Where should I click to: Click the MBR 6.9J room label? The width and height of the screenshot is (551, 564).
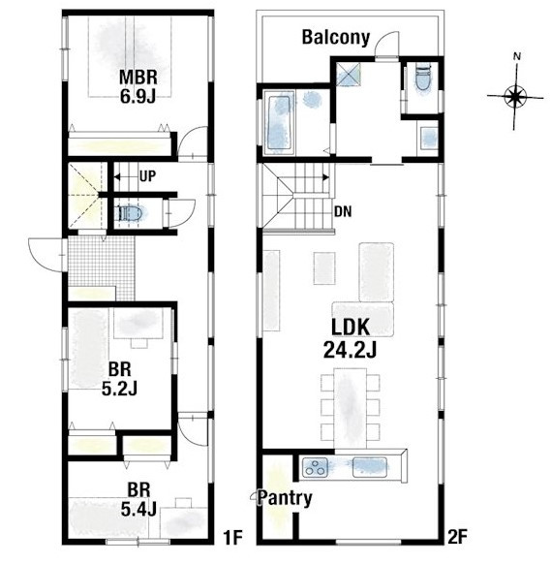(138, 86)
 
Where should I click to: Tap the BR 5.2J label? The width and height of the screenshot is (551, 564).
(120, 379)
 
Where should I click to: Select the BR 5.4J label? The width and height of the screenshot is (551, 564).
(138, 500)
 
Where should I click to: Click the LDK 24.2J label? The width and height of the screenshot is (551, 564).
(351, 338)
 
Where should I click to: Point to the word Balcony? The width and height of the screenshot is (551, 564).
(336, 37)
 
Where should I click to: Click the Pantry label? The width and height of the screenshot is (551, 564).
(285, 498)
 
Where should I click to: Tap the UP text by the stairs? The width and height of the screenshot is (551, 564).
(147, 176)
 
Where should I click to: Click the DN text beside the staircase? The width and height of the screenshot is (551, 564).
(343, 212)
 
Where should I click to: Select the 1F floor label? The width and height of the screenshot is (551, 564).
(233, 538)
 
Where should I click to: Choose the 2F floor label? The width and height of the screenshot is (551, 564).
(457, 538)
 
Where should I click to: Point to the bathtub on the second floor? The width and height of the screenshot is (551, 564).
(279, 122)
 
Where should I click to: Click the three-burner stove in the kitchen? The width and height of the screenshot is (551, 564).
(315, 467)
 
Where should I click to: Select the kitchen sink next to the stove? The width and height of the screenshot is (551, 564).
(370, 467)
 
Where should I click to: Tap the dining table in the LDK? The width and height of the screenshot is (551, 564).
(351, 408)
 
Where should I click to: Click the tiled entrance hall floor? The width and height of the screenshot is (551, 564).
(102, 266)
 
